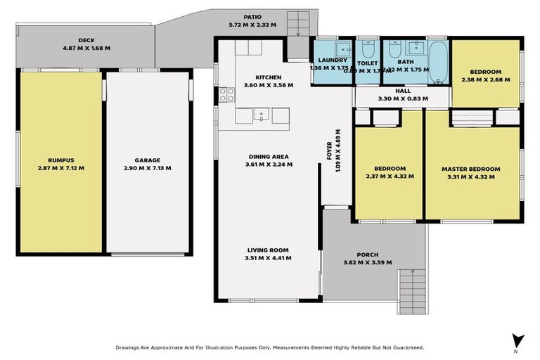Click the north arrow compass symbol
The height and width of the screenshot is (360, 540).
point(518,340)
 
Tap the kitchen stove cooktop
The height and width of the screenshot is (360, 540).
point(227,94)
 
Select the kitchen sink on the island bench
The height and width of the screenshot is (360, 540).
point(260,115)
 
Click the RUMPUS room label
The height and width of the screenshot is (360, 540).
point(60,160)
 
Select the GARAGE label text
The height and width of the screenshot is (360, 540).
point(147,160)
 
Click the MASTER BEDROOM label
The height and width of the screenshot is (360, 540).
point(470,169)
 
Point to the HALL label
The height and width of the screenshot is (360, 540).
point(403,90)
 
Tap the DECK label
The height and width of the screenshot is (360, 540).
point(87,40)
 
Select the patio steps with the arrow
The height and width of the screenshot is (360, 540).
point(298,24)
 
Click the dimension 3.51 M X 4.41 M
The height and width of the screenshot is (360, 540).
point(268,258)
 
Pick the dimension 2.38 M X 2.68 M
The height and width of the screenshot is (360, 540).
point(486,80)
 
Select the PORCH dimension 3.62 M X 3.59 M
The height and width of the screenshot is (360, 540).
point(367,262)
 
